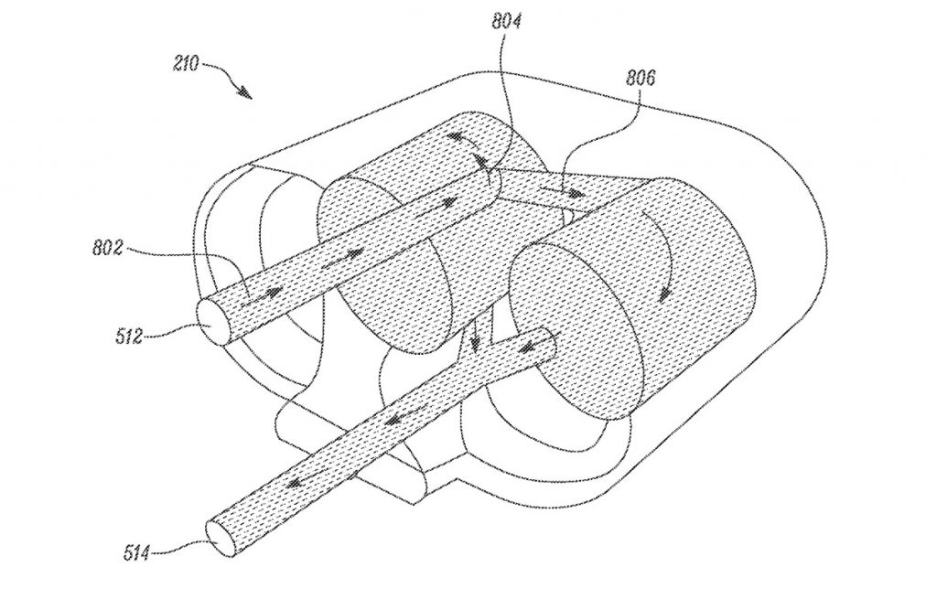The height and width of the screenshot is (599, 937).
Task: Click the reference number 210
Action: [186, 63]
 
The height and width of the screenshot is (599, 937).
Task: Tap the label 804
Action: [507, 21]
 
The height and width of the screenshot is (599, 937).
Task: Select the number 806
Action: [641, 78]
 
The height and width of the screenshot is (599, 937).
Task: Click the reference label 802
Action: [108, 247]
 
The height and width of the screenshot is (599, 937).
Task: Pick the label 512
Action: [129, 337]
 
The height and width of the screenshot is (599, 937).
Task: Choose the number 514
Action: [137, 553]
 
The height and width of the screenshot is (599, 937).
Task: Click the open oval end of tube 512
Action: [213, 322]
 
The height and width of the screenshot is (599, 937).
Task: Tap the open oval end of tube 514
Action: [221, 537]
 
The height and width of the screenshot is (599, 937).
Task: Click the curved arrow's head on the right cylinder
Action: [664, 293]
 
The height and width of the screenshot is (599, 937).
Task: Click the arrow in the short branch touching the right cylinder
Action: [528, 347]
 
